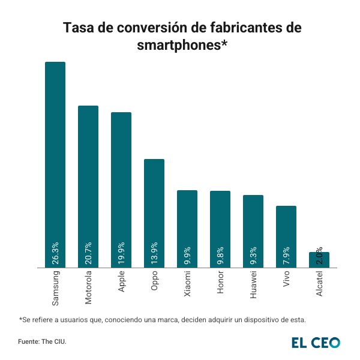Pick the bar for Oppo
tap(154, 204)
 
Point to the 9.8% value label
tap(220, 255)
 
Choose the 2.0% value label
tap(319, 255)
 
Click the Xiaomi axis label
tap(187, 283)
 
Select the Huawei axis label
tap(253, 284)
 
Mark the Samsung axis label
tap(55, 287)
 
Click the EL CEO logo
tap(316, 343)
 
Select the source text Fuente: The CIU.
tap(42, 342)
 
